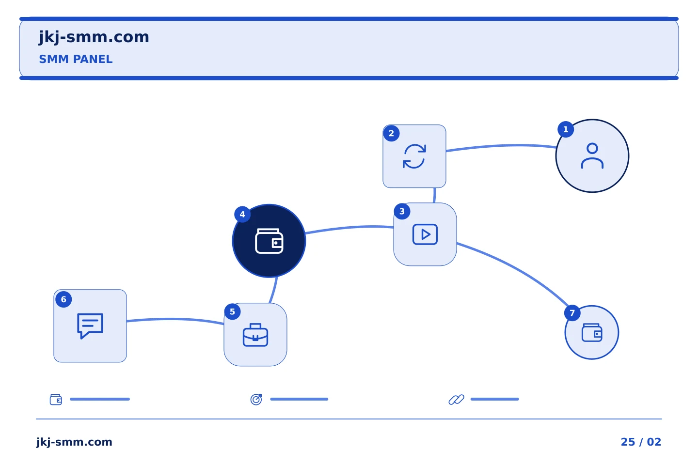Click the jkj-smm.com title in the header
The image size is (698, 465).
point(94,37)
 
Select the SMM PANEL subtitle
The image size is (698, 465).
point(76,59)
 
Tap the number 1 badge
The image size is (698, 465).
point(566,129)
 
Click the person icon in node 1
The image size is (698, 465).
point(592,156)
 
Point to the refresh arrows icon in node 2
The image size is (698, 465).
point(414,156)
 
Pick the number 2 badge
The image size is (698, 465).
point(391,133)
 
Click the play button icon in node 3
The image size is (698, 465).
point(425,234)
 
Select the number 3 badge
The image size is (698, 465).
point(402,212)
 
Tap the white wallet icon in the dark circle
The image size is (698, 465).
point(269,241)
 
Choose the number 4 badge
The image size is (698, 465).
point(242,214)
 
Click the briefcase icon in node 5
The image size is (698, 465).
point(255,335)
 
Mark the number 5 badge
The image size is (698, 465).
point(233,312)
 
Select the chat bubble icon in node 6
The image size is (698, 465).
point(90,326)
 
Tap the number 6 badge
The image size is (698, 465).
point(63,300)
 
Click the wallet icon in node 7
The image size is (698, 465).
point(592,333)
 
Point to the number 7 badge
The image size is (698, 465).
point(572,313)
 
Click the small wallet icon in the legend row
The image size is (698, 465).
point(56,400)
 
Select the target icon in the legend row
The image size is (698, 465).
point(256,400)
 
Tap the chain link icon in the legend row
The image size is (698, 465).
point(456,400)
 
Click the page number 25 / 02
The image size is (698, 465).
point(641,442)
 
